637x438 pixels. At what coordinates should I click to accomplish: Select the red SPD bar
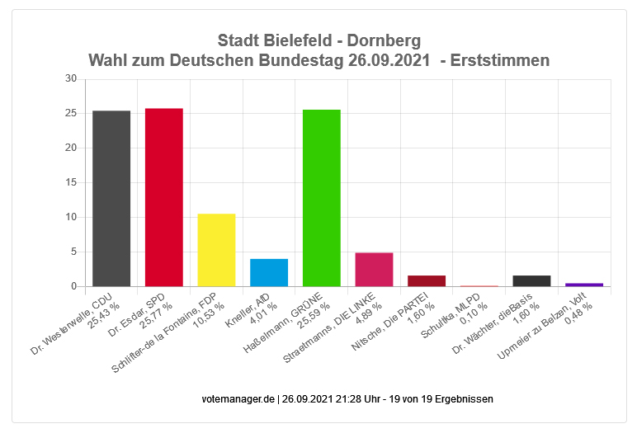coord(164,197)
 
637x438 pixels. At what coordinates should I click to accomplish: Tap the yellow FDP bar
coord(216,250)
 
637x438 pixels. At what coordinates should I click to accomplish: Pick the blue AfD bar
coord(269,272)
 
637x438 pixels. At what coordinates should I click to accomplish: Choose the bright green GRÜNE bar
coord(322,198)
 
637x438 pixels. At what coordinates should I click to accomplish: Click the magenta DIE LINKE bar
coord(374,270)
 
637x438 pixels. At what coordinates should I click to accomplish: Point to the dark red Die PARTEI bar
coord(427,280)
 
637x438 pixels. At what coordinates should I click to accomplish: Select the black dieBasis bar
coord(531,280)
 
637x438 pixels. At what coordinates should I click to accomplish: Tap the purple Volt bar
coord(584,285)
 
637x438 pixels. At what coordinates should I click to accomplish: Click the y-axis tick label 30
coord(71,79)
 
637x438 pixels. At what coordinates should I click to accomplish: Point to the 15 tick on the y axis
coord(71,182)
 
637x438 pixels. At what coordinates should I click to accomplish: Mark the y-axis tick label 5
coord(73,252)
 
